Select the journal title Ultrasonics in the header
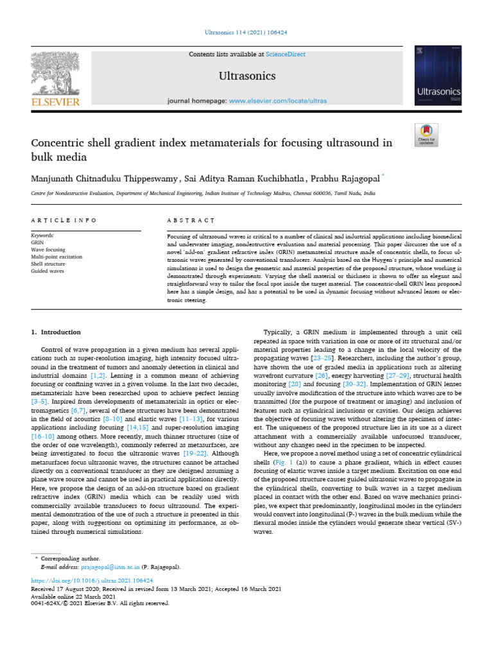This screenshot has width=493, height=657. coord(247,76)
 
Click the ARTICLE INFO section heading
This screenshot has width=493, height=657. coord(64,220)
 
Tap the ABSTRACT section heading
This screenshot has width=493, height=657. coord(186,220)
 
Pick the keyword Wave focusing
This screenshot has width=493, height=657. coord(48,250)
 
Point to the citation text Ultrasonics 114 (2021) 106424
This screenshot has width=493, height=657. coord(246,31)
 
